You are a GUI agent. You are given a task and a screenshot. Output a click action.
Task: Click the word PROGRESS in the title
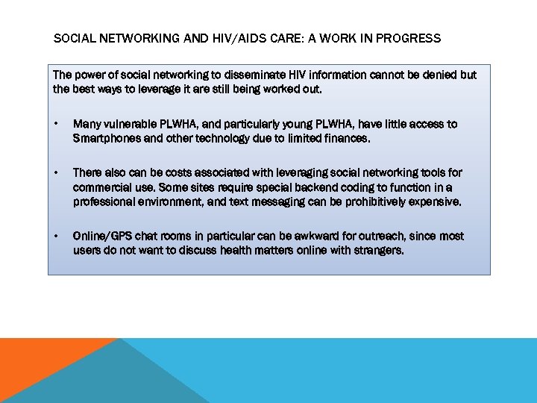tap(409, 38)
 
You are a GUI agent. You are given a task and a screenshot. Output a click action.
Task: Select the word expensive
tap(436, 201)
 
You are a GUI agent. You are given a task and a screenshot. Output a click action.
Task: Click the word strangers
tap(378, 250)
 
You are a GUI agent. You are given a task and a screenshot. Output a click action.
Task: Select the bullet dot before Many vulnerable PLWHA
tap(57, 125)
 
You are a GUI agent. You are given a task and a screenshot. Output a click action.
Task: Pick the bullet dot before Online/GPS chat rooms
tap(57, 237)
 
